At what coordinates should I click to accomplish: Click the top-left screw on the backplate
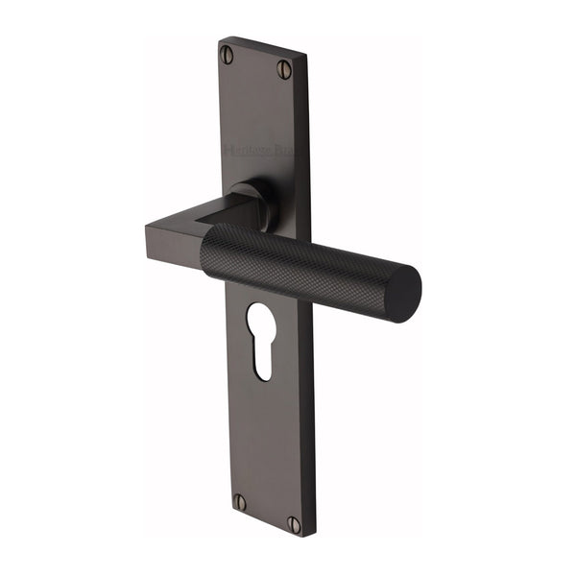pos(227,54)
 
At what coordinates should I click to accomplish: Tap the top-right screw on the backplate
pos(285,68)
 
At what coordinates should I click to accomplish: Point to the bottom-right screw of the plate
pos(295,524)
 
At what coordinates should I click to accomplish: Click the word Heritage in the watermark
pos(244,149)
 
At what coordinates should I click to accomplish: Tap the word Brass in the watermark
pos(286,153)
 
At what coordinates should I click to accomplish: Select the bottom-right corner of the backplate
pos(314,536)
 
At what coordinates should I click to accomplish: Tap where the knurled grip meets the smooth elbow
pos(204,248)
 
